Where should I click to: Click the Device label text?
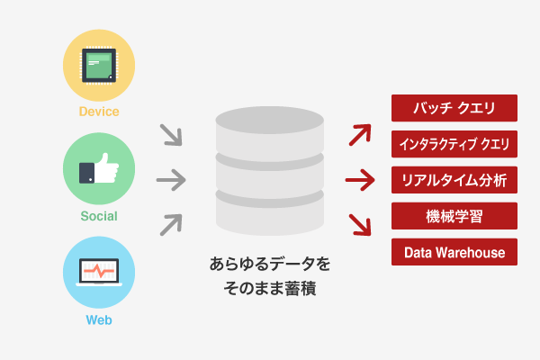(x=99, y=112)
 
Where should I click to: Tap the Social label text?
(x=99, y=216)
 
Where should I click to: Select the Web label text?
(x=99, y=320)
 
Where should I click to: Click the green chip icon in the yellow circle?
(x=99, y=66)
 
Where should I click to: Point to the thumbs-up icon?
(x=99, y=168)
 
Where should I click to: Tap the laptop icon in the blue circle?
(x=99, y=272)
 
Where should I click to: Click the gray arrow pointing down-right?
(x=171, y=135)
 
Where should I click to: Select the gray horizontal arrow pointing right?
(x=171, y=180)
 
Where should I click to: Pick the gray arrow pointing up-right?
(x=171, y=225)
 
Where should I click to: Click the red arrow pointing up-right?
(x=360, y=135)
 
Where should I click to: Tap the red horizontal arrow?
(x=360, y=180)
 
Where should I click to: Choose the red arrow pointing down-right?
(x=360, y=225)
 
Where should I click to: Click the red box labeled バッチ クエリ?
(x=454, y=108)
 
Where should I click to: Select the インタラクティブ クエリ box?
(x=454, y=144)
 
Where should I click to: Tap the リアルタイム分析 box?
(x=454, y=180)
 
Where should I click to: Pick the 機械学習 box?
(x=454, y=216)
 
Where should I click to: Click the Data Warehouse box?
(x=454, y=252)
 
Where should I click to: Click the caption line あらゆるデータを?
(x=270, y=265)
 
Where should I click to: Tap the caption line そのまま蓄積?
(x=270, y=288)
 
